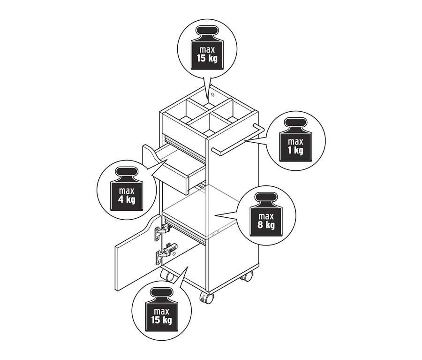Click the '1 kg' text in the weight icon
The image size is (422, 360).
click(x=295, y=151)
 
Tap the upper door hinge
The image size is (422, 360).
click(x=163, y=230)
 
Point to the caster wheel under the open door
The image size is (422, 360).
click(x=167, y=276)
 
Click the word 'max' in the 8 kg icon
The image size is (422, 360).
click(x=266, y=216)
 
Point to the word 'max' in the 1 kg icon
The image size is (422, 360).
click(x=295, y=141)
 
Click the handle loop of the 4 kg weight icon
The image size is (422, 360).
click(x=127, y=171)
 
